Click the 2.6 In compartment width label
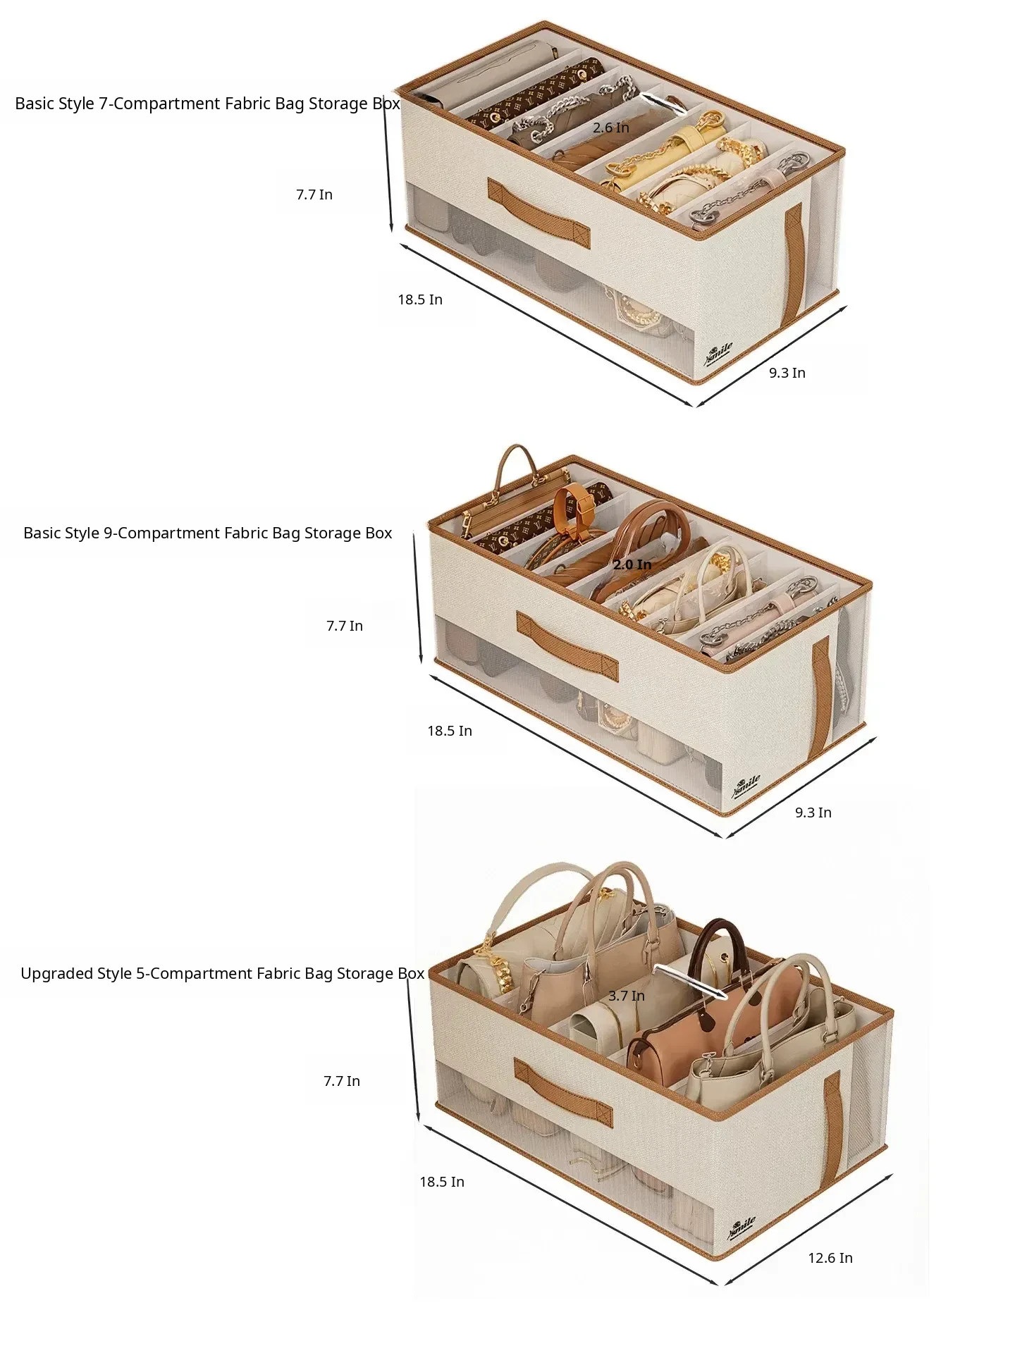pos(610,128)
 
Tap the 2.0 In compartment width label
pos(632,564)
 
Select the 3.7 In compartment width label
pos(627,996)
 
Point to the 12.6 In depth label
pos(830,1258)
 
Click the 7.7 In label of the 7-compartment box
pos(314,194)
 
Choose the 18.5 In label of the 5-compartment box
pos(442,1182)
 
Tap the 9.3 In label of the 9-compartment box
pos(813,813)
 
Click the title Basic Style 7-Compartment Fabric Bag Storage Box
pos(207,104)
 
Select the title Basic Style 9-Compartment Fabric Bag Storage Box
pos(207,533)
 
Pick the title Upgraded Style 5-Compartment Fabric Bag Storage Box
pos(222,974)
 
